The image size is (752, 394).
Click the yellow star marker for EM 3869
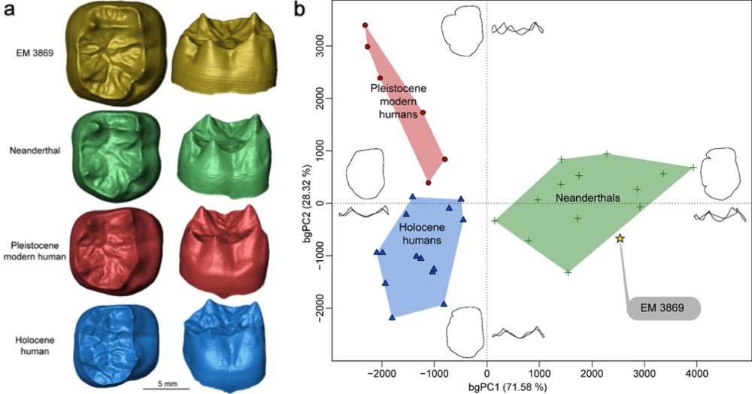(x=620, y=238)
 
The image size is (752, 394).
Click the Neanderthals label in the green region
(x=588, y=197)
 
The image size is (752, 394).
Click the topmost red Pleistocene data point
(x=365, y=26)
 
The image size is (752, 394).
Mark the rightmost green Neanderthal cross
(x=693, y=168)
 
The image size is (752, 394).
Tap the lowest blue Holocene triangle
(x=392, y=318)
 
